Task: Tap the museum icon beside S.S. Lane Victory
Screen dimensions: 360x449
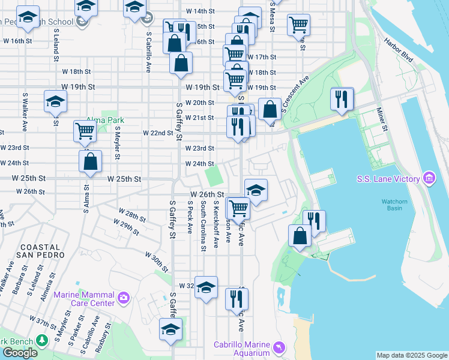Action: [x=429, y=178]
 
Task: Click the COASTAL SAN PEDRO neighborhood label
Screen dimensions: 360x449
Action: [x=42, y=251]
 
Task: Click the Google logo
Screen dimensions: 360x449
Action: [x=20, y=353]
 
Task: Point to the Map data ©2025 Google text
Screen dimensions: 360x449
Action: [x=411, y=355]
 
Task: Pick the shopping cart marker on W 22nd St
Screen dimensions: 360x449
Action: [x=85, y=131]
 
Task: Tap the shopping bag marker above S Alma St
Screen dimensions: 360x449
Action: [x=90, y=161]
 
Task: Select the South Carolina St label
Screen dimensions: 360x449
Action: [x=203, y=225]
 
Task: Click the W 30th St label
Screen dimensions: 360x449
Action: [x=156, y=262]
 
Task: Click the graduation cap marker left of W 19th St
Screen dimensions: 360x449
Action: [x=55, y=101]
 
